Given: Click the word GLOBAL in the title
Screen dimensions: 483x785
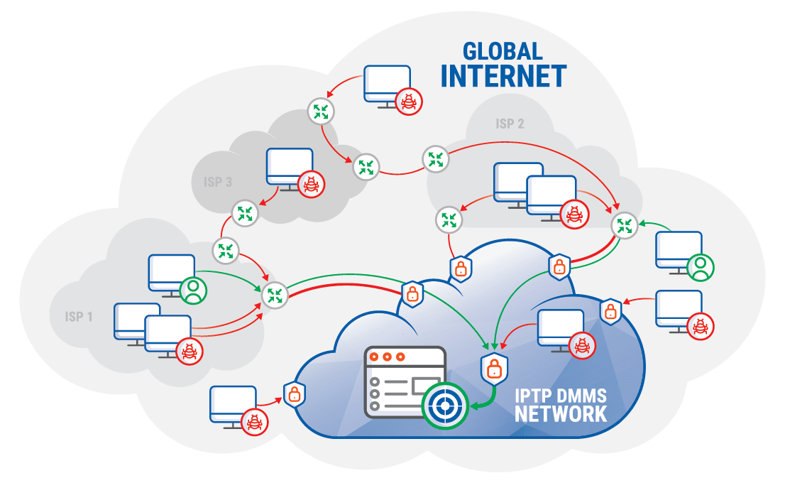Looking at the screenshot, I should tap(503, 51).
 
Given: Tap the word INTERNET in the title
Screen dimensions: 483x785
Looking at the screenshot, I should tap(503, 76).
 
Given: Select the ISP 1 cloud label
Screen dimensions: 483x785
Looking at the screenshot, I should tap(79, 316).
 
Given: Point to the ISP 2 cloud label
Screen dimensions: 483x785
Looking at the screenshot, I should tap(510, 124).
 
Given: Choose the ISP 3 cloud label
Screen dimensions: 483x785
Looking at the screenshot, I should tap(218, 182).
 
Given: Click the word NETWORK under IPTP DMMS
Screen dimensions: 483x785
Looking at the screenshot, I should tap(561, 414).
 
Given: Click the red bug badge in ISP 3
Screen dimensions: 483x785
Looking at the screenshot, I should tap(311, 185).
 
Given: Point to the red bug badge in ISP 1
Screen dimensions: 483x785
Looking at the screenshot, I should tap(190, 350).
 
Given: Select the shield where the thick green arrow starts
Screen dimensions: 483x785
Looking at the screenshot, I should tap(493, 367).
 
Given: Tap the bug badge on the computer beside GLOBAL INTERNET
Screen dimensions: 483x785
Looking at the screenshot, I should tap(410, 102).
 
